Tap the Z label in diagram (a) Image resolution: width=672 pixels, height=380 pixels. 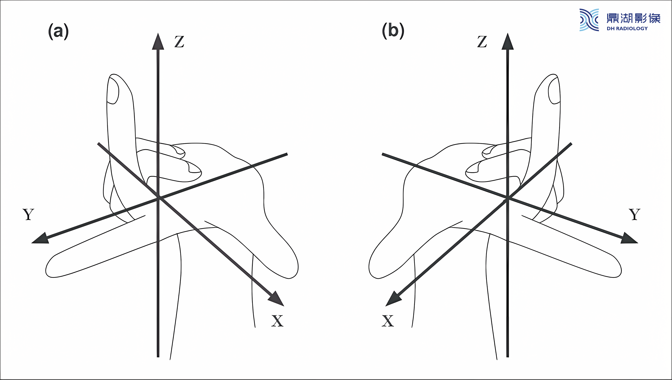pos(179,42)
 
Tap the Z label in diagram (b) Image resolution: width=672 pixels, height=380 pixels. pos(482,42)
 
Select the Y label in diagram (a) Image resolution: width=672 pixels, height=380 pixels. pos(28,214)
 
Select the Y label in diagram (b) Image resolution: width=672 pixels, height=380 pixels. pos(634,214)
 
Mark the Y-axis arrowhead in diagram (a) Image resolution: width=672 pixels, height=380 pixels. pos(41,238)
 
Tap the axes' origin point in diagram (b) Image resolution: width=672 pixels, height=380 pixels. pos(508,198)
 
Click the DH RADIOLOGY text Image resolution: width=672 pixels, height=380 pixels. pos(627,28)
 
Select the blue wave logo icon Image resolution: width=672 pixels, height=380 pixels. pos(589,20)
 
